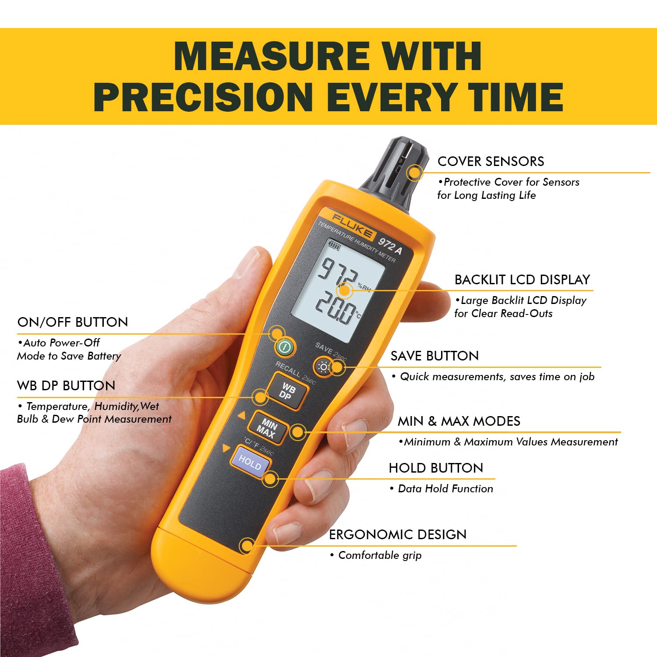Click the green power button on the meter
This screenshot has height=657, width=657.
coord(285,349)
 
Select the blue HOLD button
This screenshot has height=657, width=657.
coord(250,462)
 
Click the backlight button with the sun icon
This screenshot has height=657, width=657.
coord(324,367)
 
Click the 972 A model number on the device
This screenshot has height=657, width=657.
coord(390,245)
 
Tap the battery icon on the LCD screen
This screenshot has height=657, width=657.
coord(334,247)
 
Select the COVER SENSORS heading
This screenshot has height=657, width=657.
coord(491,161)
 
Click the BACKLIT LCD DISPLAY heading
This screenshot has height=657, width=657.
coord(522,279)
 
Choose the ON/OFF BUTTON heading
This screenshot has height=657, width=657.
coord(73,322)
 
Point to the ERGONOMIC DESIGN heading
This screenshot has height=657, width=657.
coord(398,534)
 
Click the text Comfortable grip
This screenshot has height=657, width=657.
coord(380,555)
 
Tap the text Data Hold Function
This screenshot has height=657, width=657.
coord(445,489)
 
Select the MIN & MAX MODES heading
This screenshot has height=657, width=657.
coord(459,421)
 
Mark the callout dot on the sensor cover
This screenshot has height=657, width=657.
coord(413,172)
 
